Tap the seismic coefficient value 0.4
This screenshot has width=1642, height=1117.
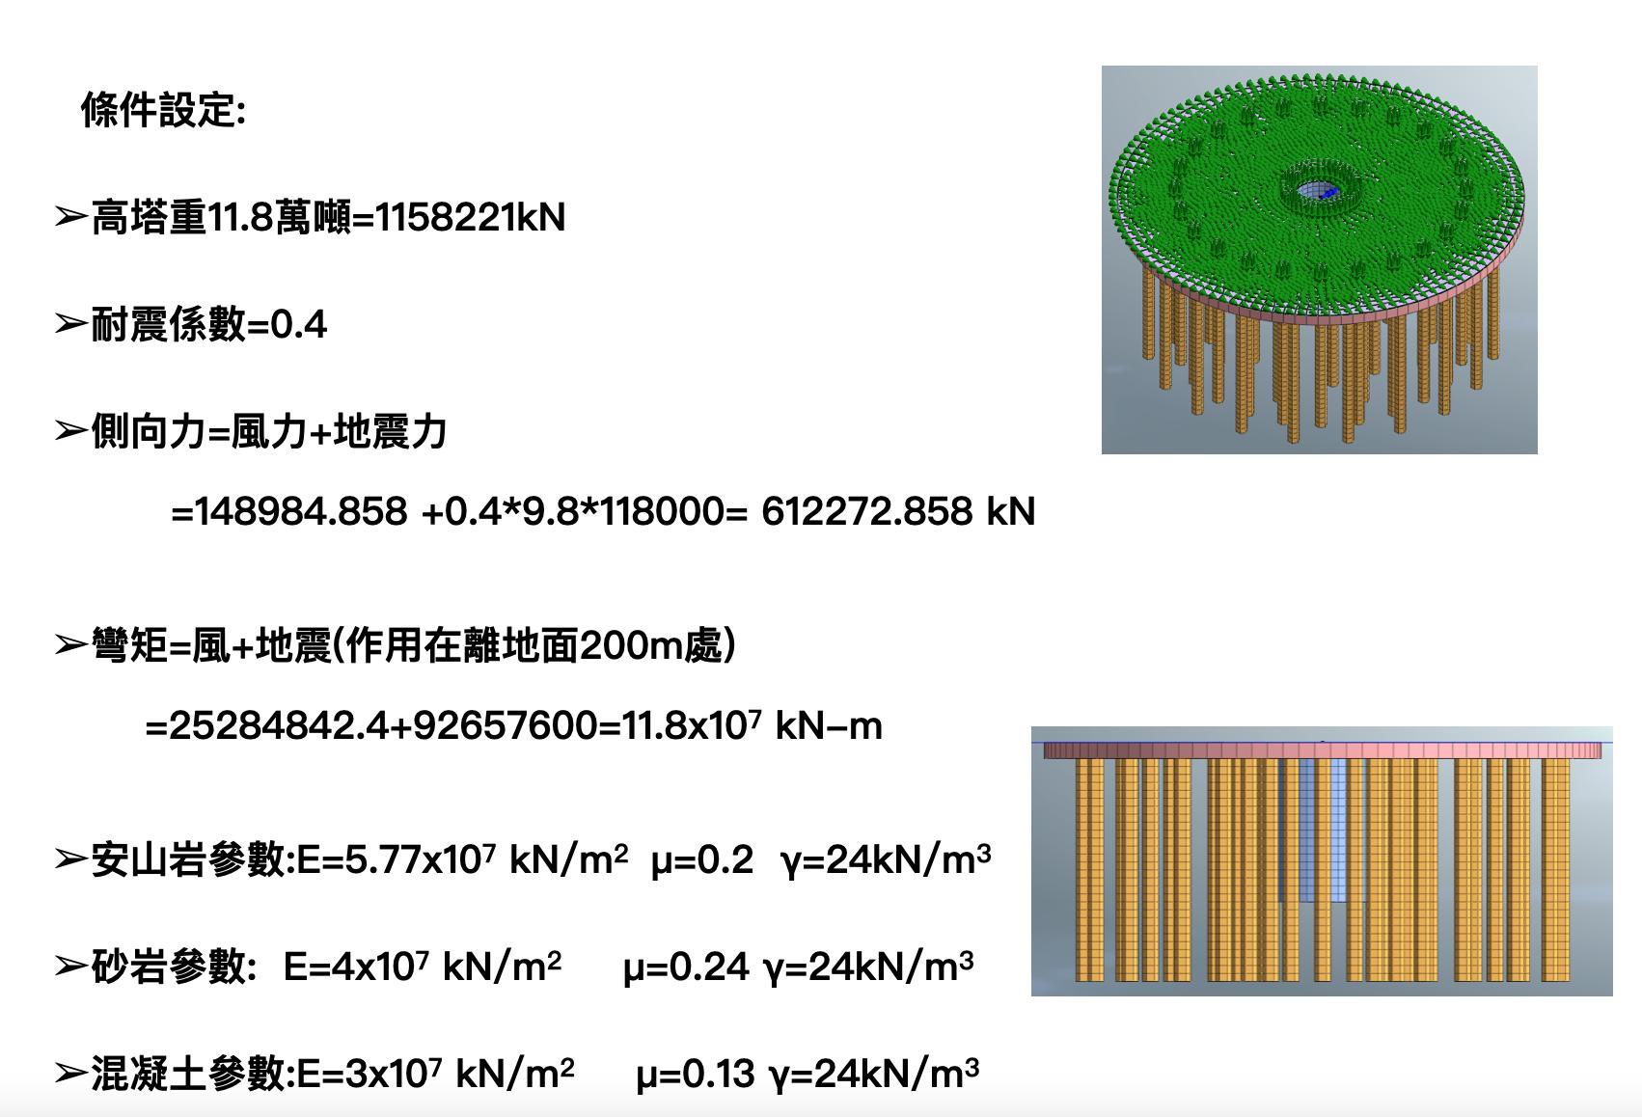coord(299,325)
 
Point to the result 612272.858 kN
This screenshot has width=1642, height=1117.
coord(897,511)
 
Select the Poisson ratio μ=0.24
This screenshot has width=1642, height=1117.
coord(686,966)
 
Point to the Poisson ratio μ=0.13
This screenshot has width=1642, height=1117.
coord(695,1073)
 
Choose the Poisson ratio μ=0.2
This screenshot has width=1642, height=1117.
coord(701,859)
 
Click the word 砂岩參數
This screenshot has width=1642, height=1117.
coord(170,966)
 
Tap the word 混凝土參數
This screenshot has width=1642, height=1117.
coord(189,1073)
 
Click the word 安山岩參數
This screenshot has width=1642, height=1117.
coord(189,859)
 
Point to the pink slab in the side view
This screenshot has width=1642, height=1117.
coord(1322,749)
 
